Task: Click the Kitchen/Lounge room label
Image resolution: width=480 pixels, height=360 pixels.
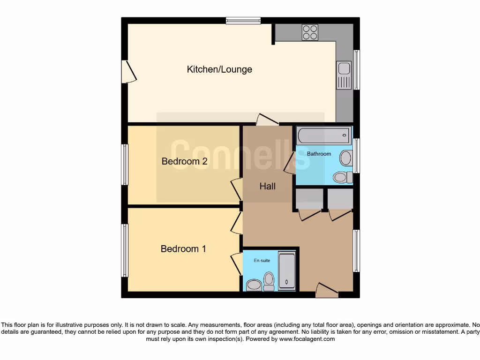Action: point(219,69)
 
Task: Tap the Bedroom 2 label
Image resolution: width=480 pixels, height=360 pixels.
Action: point(184,161)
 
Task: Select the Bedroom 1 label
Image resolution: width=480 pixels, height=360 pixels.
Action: point(183,249)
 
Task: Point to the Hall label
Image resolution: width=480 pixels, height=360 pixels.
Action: point(268,186)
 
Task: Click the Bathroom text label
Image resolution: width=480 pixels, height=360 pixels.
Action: point(319,154)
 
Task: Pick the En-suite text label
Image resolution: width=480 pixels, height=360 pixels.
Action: point(262,261)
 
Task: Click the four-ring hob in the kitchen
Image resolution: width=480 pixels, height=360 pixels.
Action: point(310,32)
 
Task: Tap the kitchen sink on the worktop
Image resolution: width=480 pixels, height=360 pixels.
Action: point(344,75)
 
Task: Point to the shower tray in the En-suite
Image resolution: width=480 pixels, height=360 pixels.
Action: point(287,271)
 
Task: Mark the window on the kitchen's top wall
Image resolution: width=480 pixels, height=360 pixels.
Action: point(243,21)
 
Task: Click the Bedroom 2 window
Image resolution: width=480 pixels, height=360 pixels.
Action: point(125,165)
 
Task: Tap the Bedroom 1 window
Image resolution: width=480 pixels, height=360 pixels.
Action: point(125,250)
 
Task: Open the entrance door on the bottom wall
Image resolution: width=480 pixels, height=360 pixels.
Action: point(327,291)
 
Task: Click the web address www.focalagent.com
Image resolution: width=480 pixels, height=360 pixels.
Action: point(307,339)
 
